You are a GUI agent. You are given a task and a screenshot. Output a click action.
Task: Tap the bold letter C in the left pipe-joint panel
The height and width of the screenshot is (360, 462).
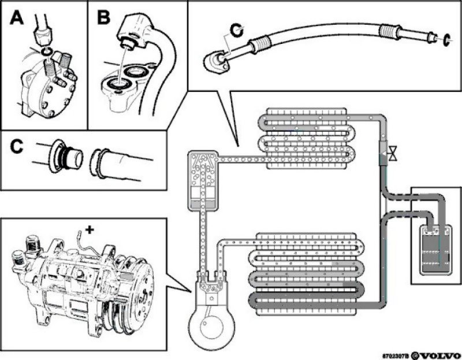click(17, 147)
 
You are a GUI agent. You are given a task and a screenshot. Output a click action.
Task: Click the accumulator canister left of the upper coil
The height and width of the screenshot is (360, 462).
click(202, 180)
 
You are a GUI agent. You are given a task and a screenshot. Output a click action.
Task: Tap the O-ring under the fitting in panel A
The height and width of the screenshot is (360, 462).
click(47, 53)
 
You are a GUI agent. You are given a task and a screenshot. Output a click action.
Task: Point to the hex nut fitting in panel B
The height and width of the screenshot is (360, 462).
click(133, 29)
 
